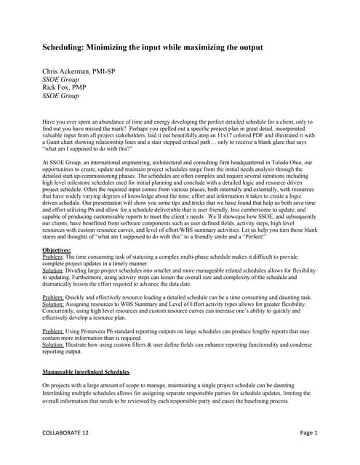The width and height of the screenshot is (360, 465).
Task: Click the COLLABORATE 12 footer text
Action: pos(65,433)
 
